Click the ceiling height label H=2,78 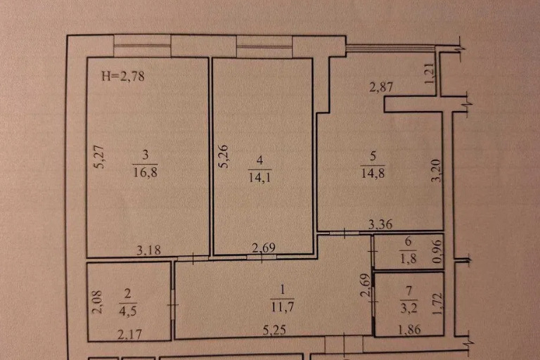pyautogui.click(x=123, y=76)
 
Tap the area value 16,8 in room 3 pyautogui.click(x=145, y=172)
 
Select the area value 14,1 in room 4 pyautogui.click(x=259, y=177)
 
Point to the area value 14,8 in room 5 pyautogui.click(x=373, y=173)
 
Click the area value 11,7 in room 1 pyautogui.click(x=283, y=307)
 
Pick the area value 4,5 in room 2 pyautogui.click(x=127, y=311)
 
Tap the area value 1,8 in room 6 pyautogui.click(x=408, y=258)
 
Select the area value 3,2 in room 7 pyautogui.click(x=409, y=307)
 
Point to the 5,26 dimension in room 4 pyautogui.click(x=224, y=156)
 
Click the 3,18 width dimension pyautogui.click(x=148, y=250)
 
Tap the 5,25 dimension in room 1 pyautogui.click(x=274, y=330)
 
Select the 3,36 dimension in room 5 pyautogui.click(x=380, y=224)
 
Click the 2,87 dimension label pyautogui.click(x=381, y=86)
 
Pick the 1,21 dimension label pyautogui.click(x=430, y=73)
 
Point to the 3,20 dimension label pyautogui.click(x=436, y=170)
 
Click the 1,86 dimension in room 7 pyautogui.click(x=409, y=330)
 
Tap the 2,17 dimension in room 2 pyautogui.click(x=129, y=334)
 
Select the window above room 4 pyautogui.click(x=264, y=47)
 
